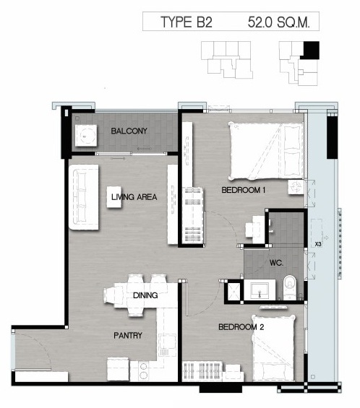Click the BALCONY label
[129, 131]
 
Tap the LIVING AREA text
[134, 197]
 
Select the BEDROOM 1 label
[244, 190]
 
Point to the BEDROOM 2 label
[241, 327]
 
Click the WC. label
[276, 263]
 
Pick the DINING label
[145, 295]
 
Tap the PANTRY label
[128, 335]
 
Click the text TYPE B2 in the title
[187, 22]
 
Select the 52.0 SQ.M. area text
[279, 22]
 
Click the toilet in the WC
[290, 287]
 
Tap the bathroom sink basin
[260, 290]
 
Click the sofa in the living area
[84, 197]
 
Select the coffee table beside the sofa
[114, 197]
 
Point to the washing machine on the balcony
[86, 136]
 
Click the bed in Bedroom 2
[273, 348]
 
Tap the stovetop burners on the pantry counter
[143, 370]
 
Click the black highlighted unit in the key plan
[311, 50]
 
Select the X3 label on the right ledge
[318, 244]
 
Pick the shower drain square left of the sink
[233, 290]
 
